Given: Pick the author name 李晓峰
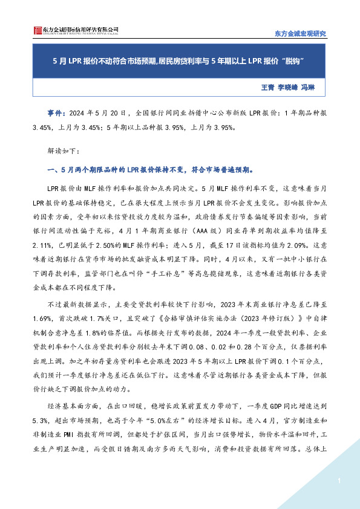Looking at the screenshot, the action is [289, 88].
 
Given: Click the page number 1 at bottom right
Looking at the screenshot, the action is [340, 481].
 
